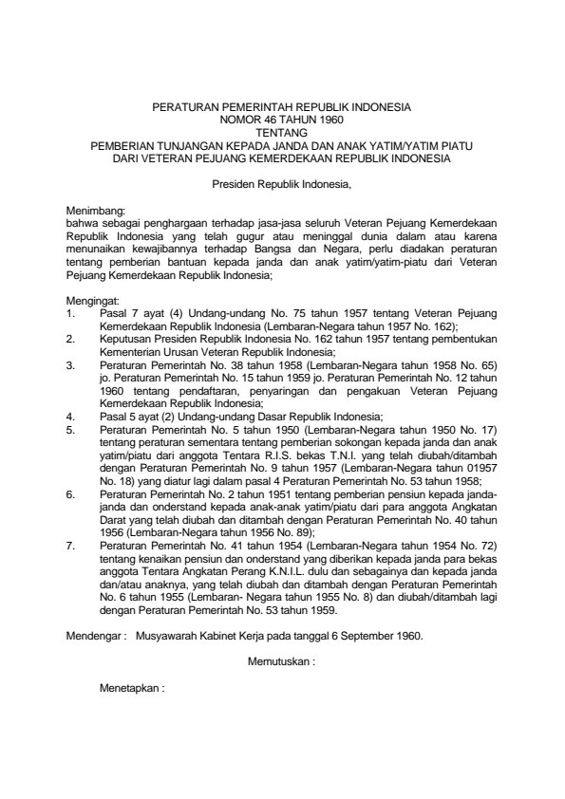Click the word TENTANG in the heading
pos(282,133)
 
